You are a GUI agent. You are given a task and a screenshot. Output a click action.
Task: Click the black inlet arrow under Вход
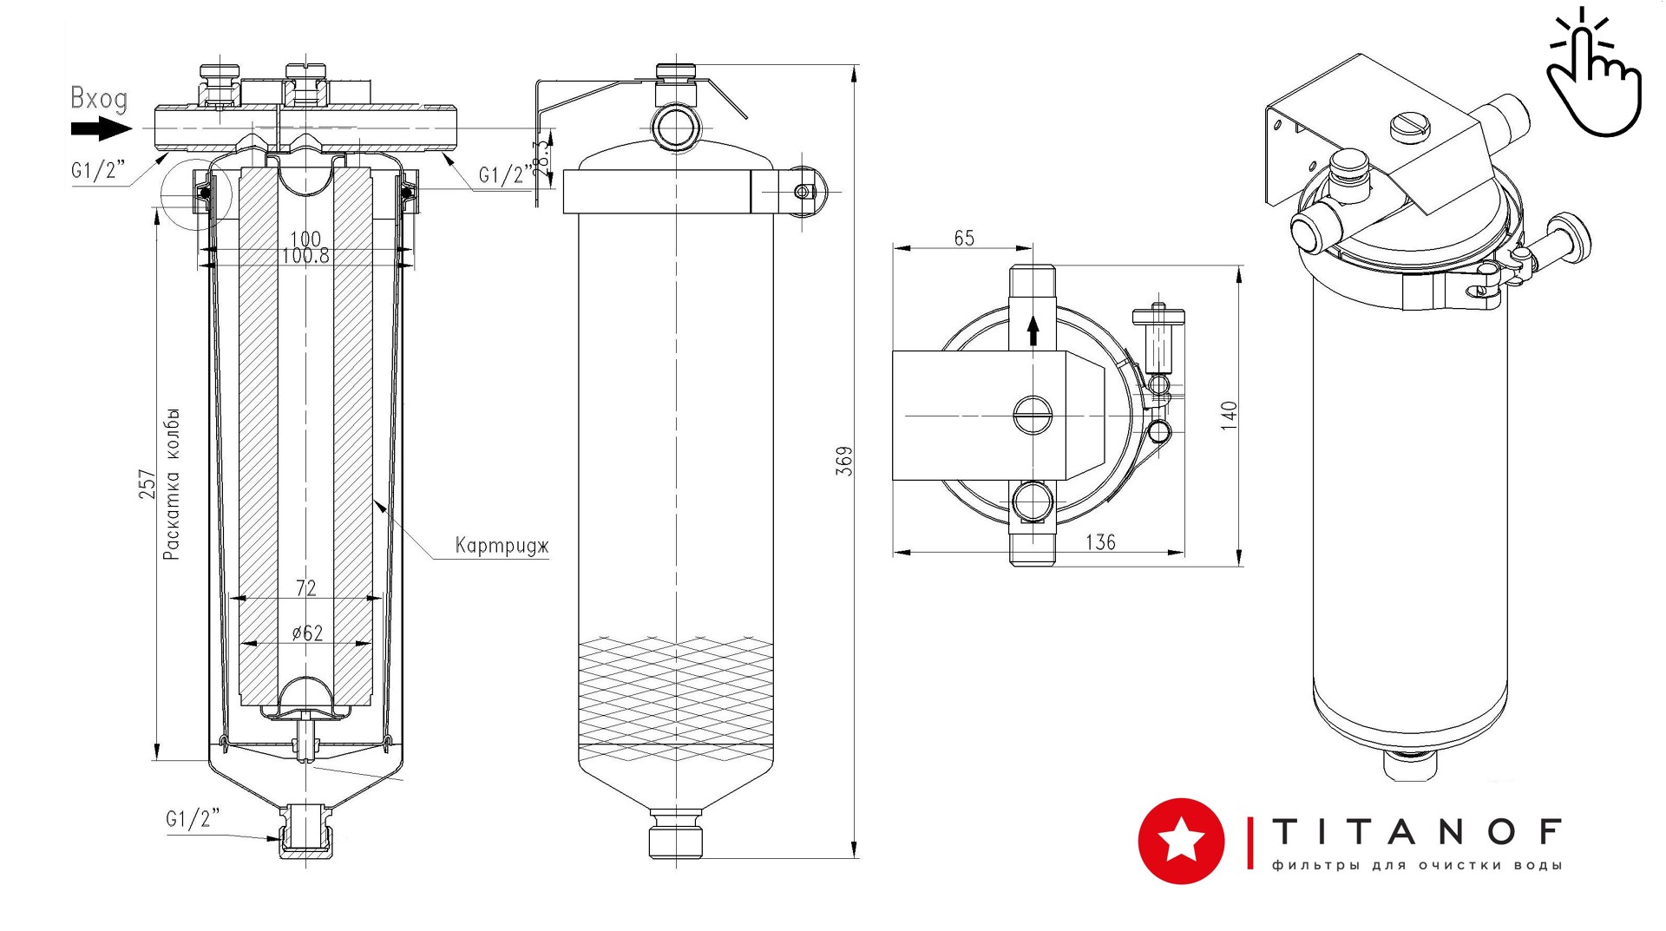pyautogui.click(x=101, y=129)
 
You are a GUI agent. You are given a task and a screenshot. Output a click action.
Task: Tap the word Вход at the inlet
pyautogui.click(x=99, y=99)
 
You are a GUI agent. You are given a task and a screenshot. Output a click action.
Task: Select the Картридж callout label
pyautogui.click(x=502, y=546)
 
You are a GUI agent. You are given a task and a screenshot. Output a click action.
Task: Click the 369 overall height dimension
pyautogui.click(x=844, y=461)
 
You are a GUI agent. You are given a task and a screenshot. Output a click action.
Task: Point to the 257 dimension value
pyautogui.click(x=148, y=484)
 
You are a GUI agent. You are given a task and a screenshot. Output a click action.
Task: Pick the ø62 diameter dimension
pyautogui.click(x=307, y=633)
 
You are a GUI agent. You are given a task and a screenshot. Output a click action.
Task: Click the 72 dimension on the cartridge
pyautogui.click(x=306, y=588)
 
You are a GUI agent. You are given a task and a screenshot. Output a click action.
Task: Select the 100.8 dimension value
pyautogui.click(x=305, y=256)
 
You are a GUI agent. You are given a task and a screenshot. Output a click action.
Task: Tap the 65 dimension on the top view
pyautogui.click(x=964, y=238)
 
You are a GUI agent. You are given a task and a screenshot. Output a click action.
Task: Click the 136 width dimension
pyautogui.click(x=1100, y=542)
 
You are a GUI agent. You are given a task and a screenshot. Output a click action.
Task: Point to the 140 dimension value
pyautogui.click(x=1229, y=416)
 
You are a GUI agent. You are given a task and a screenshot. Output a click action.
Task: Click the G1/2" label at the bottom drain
pyautogui.click(x=193, y=818)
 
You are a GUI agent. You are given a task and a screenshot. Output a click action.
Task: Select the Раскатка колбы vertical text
pyautogui.click(x=172, y=483)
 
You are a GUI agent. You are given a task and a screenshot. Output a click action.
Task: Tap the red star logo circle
pyautogui.click(x=1181, y=841)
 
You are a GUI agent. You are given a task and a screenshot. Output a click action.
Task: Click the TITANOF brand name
pyautogui.click(x=1417, y=832)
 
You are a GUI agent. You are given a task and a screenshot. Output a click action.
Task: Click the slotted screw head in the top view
pyautogui.click(x=1033, y=416)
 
